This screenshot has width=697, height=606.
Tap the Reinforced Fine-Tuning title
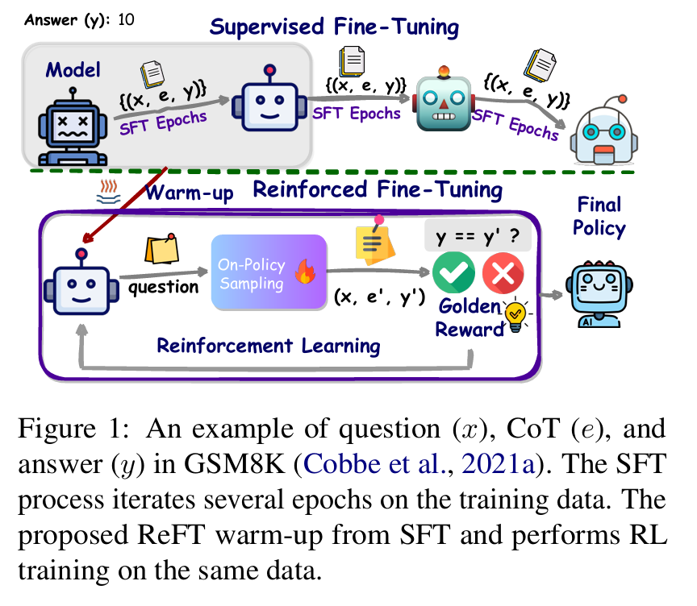[378, 191]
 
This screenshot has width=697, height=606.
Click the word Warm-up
[190, 194]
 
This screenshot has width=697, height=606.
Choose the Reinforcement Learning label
[268, 346]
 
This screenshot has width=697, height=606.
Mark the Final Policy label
[599, 216]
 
